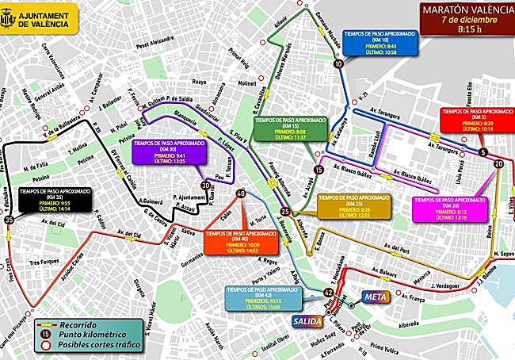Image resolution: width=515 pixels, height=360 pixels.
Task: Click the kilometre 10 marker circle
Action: pyautogui.click(x=339, y=64)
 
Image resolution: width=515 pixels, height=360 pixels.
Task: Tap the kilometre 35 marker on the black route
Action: pyautogui.click(x=10, y=220)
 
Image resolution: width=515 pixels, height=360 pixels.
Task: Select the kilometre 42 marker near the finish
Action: pyautogui.click(x=328, y=293)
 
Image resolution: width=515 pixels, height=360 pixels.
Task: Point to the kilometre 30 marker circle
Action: pyautogui.click(x=206, y=186)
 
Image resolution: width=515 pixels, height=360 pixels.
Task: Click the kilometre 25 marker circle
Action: pyautogui.click(x=284, y=211)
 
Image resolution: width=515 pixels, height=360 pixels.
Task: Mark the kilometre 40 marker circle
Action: pyautogui.click(x=240, y=193)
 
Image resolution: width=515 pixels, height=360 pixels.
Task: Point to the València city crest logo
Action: pyautogui.click(x=13, y=17)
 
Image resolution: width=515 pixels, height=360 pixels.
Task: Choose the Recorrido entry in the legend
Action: pyautogui.click(x=76, y=325)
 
